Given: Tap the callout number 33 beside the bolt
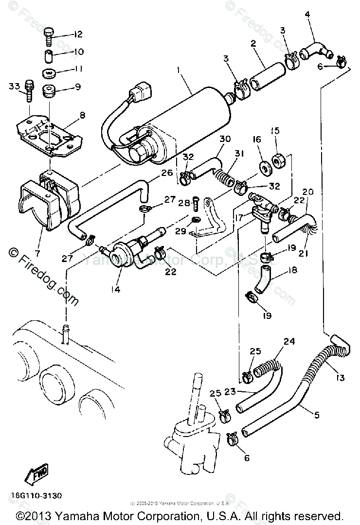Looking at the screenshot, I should tap(15, 87).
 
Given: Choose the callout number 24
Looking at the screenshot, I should tap(289, 341).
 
